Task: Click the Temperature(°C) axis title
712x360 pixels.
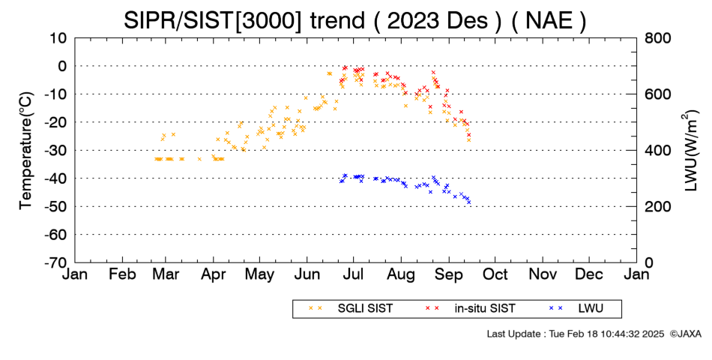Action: (26, 151)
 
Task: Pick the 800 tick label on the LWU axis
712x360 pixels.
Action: (658, 38)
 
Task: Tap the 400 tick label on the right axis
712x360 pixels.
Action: (658, 151)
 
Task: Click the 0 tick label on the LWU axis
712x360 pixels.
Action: (649, 262)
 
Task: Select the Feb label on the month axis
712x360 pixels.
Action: (123, 274)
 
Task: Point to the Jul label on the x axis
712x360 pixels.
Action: (353, 274)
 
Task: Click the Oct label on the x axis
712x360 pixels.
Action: (495, 274)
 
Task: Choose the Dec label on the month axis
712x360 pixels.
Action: (589, 274)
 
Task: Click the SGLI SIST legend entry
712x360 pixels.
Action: (365, 309)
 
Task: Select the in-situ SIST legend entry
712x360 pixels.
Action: (485, 309)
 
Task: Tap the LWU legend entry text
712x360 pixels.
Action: (591, 309)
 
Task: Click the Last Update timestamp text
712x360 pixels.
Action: (576, 334)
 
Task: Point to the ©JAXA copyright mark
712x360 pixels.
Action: (686, 334)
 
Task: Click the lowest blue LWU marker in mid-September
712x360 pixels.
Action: (468, 202)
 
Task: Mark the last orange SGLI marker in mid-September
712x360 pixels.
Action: (468, 140)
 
